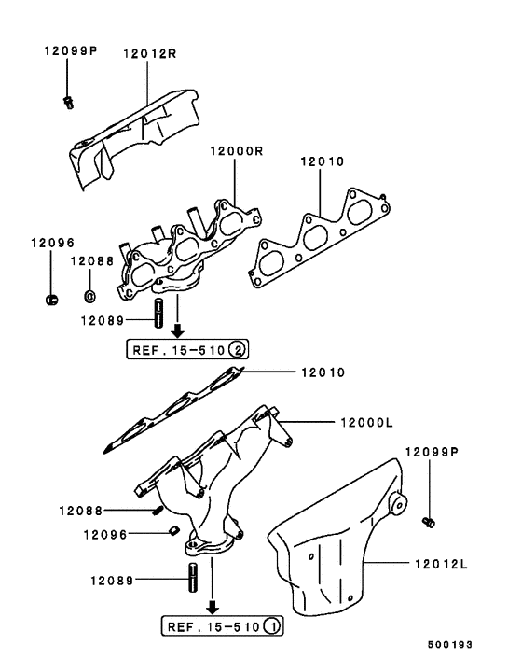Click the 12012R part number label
click(x=149, y=53)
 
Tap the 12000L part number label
click(x=363, y=423)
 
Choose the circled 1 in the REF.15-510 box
click(x=271, y=625)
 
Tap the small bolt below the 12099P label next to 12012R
click(x=69, y=101)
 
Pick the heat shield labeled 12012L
click(x=336, y=541)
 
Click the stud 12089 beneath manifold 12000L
click(x=193, y=575)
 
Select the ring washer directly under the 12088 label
click(x=89, y=297)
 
